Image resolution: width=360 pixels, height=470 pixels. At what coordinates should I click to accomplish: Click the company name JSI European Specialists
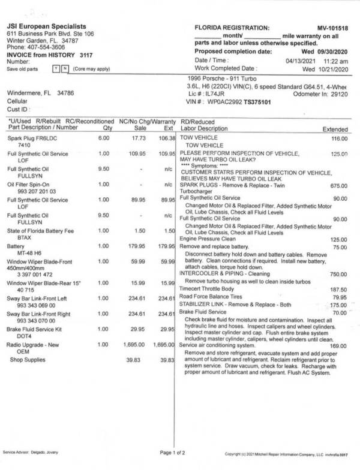point(46,26)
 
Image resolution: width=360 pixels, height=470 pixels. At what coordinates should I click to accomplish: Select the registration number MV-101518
point(334,28)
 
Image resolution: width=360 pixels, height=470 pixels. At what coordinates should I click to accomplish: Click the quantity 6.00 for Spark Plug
point(104,138)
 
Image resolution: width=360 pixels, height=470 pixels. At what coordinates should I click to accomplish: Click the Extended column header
point(335,129)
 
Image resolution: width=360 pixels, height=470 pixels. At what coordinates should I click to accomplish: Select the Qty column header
point(108,127)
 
